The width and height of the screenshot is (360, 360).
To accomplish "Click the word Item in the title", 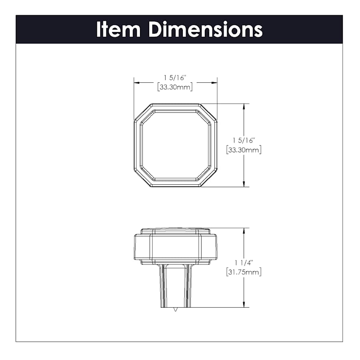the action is (118, 29).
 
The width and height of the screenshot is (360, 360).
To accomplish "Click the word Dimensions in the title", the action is (206, 29).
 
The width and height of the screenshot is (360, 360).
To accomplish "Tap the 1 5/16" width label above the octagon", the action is (174, 78).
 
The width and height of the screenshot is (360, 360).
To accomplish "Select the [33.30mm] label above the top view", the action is (175, 87).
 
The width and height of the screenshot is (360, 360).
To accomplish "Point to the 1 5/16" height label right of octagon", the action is (244, 140).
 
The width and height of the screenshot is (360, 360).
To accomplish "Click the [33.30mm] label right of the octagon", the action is (244, 150).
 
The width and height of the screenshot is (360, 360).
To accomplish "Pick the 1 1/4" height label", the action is (244, 262).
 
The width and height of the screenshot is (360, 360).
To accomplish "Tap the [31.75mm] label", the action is (244, 272).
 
